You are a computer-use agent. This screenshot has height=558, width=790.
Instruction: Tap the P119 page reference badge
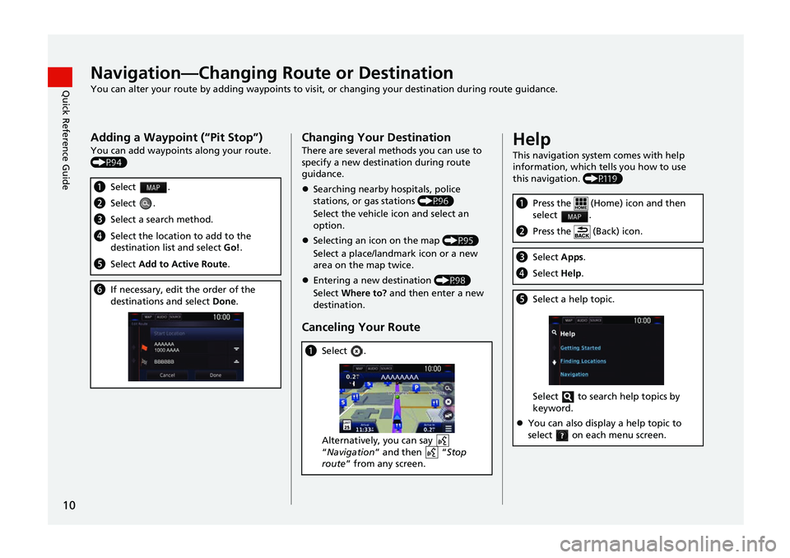click(602, 179)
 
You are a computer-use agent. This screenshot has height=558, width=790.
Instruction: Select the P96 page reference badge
click(435, 200)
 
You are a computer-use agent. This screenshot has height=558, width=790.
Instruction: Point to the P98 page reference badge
click(453, 281)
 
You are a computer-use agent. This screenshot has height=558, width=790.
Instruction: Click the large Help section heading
click(532, 139)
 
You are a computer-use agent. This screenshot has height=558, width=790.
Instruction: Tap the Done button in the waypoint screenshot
click(215, 374)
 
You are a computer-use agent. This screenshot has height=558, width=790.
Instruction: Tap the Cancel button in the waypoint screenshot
click(167, 374)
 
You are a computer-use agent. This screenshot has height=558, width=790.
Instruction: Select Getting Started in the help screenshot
click(581, 347)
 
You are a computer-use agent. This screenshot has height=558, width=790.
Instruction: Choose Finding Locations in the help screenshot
click(583, 360)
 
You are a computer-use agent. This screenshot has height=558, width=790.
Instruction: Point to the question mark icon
click(561, 435)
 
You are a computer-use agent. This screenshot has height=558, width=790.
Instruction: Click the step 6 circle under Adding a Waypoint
click(100, 290)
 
